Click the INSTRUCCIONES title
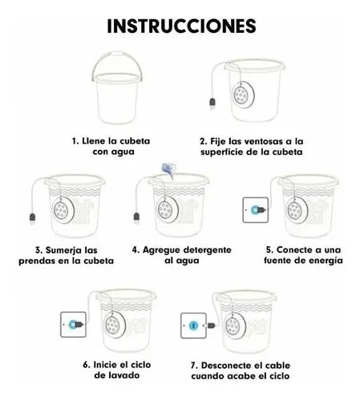tap(181, 26)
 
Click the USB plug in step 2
tap(212, 103)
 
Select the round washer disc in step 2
tap(244, 95)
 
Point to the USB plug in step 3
tap(32, 219)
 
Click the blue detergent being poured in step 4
tap(168, 170)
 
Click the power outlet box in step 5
tap(256, 210)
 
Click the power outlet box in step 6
tap(73, 324)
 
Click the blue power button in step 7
tap(193, 326)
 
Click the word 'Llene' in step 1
tap(94, 141)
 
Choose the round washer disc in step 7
tap(235, 326)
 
